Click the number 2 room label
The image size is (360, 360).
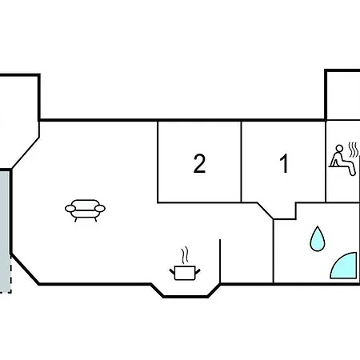[x=199, y=163]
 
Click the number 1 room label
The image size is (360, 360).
[x=284, y=163]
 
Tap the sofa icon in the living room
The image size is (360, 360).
[x=85, y=210]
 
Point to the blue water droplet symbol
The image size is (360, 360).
[x=318, y=239]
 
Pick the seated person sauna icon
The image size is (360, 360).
[x=342, y=160]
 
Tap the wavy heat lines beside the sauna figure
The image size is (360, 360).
[x=354, y=150]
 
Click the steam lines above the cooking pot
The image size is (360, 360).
[x=185, y=255]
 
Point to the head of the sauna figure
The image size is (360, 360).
[x=339, y=149]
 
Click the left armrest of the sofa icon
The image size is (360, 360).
[x=70, y=209]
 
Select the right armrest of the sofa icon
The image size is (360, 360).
[x=100, y=209]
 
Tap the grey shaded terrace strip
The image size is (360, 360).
[x=5, y=231]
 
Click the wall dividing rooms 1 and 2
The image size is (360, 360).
[x=241, y=162]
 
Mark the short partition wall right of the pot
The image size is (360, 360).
[x=220, y=262]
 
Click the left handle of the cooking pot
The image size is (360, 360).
[x=172, y=272]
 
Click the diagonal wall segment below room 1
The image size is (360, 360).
[x=265, y=211]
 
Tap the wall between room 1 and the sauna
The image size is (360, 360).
[x=326, y=162]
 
